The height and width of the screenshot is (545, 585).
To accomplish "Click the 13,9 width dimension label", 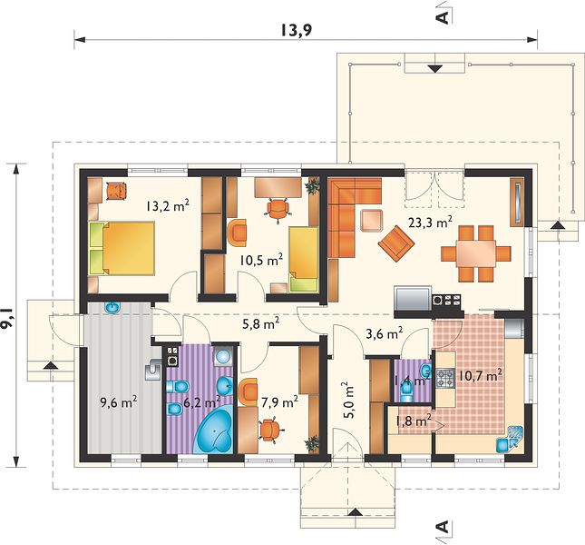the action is point(296,31).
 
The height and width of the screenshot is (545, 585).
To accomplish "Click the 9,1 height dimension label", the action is point(6,317).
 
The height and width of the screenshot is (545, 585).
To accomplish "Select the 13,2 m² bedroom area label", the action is point(168,205).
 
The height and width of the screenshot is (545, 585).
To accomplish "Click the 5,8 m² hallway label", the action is point(261,324).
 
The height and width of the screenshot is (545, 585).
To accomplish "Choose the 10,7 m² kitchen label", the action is point(480,375).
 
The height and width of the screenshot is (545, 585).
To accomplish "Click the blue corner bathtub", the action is point(214,431).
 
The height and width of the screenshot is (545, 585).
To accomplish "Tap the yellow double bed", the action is point(122,248).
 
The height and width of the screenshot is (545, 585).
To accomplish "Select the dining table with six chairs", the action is point(475,253).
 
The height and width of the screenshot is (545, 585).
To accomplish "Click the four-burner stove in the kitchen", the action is point(445,378).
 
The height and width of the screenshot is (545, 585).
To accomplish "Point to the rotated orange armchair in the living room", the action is point(395,244).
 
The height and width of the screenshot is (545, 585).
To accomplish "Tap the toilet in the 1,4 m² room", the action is point(406,392).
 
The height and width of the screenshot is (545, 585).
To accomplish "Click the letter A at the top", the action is point(443,17).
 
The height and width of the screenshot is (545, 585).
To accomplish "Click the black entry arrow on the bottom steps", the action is point(356,512).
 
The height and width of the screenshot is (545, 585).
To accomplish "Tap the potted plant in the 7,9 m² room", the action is point(312,443).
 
